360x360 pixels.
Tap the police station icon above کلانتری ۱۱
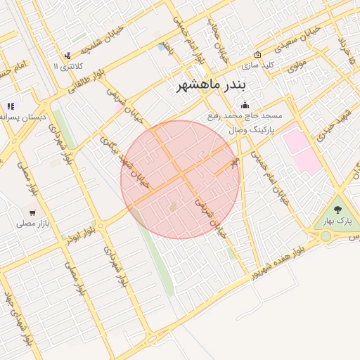tap(67, 55)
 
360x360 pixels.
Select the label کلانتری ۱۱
tap(66, 66)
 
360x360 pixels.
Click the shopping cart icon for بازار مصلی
tap(32, 212)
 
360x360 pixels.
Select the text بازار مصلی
tap(32, 224)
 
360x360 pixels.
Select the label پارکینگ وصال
tap(251, 131)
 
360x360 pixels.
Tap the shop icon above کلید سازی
tap(257, 54)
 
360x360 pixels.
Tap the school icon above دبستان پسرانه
tap(11, 106)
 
